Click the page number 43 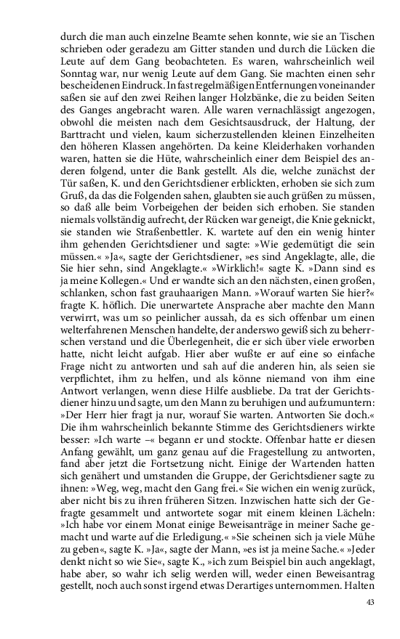tap(369, 601)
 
